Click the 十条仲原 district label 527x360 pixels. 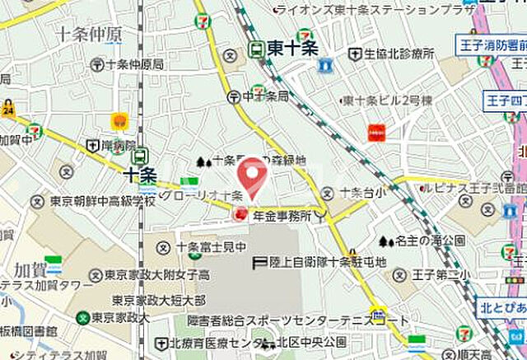91,34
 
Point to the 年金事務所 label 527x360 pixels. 282,216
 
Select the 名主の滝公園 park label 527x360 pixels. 424,241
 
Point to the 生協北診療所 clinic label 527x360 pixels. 399,54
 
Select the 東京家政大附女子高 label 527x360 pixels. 157,274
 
